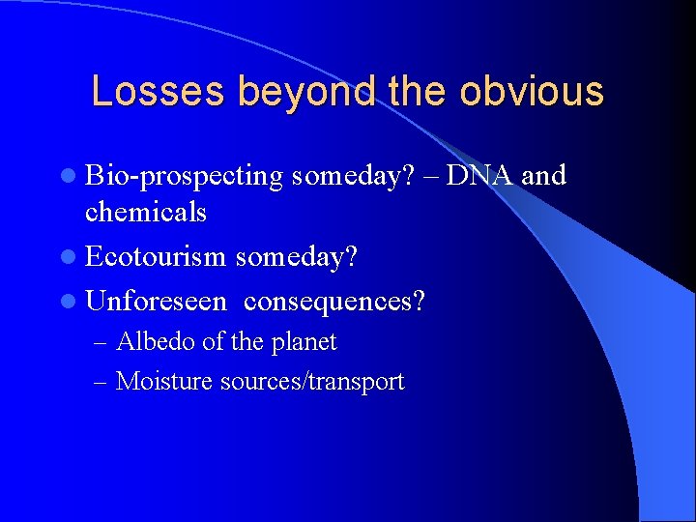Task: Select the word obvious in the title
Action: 532,92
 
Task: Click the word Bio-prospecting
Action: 184,177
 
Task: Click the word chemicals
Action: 146,212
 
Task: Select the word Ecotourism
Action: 156,257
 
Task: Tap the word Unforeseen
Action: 156,302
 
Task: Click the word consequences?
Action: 334,302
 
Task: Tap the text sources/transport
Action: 312,382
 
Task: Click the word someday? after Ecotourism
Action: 295,257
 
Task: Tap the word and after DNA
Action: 544,175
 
